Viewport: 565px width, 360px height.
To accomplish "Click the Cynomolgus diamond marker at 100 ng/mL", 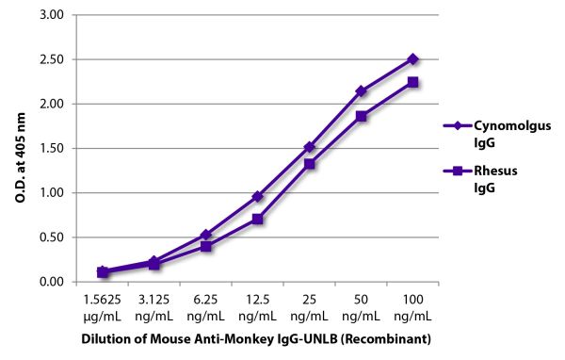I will (412, 58).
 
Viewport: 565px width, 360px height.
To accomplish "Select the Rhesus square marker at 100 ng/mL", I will (412, 82).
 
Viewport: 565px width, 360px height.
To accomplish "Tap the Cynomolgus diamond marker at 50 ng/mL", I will (361, 90).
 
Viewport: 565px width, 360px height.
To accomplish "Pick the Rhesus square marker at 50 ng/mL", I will (361, 116).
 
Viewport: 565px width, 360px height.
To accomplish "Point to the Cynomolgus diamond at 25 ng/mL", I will (309, 147).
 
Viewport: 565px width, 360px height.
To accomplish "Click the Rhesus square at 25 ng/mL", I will (309, 164).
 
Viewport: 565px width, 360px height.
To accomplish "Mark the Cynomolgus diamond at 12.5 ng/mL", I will (257, 196).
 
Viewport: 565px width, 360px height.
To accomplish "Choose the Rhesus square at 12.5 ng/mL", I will (257, 219).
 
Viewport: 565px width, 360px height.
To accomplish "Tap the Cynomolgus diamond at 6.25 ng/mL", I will (205, 235).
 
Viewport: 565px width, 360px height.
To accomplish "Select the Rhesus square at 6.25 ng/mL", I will (205, 246).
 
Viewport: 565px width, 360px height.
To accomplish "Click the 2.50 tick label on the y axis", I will (54, 59).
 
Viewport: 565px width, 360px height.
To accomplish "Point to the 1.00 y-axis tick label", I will (54, 193).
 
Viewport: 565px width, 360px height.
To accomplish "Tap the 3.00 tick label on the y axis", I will (54, 15).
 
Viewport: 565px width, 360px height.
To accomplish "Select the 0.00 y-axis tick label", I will (54, 282).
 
